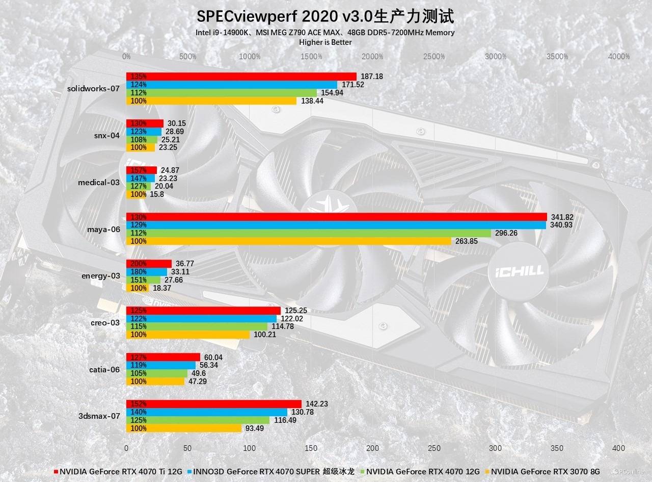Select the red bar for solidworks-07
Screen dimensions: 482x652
[241, 77]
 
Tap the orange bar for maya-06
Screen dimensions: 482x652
[288, 241]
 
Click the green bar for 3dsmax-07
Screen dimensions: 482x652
[198, 420]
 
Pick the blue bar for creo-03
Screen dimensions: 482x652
[201, 319]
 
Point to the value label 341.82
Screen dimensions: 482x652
[562, 217]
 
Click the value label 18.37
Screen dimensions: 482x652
[145, 288]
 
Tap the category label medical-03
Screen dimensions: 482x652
[99, 182]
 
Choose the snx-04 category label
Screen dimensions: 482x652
[107, 136]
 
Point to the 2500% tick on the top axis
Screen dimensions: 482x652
[434, 57]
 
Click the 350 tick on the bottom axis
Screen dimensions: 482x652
[557, 448]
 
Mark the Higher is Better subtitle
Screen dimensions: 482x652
[325, 42]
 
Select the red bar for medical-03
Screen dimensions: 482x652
[142, 170]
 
